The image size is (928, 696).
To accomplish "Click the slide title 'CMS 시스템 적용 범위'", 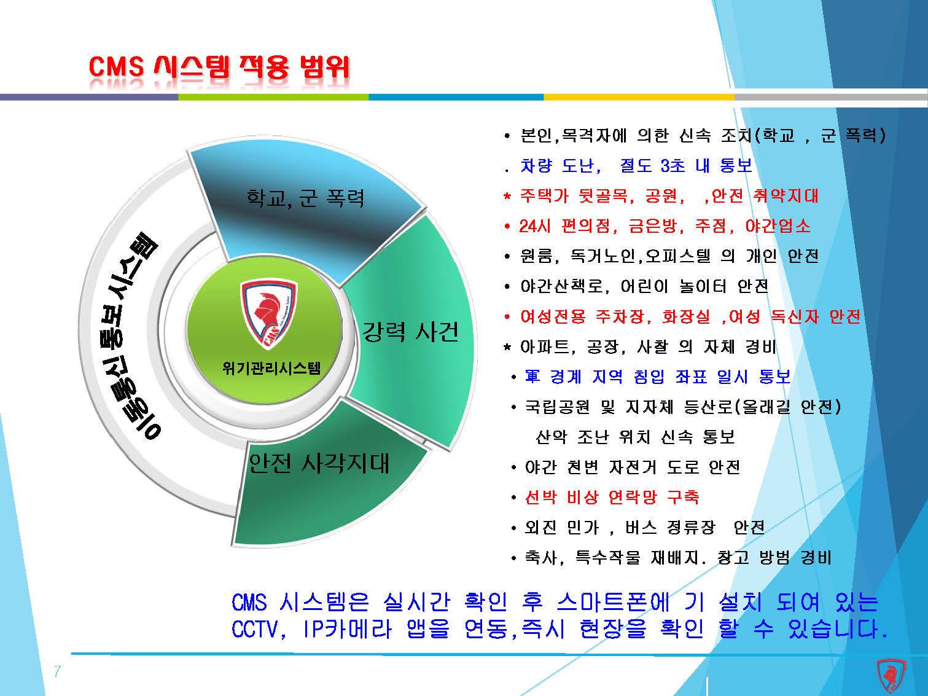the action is click(x=219, y=68).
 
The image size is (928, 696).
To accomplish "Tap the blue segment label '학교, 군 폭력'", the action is click(x=305, y=198).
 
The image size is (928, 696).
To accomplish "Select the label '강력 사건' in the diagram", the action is click(x=410, y=331).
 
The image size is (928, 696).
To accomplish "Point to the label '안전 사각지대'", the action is click(x=319, y=463).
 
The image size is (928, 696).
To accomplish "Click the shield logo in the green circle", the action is click(x=269, y=315).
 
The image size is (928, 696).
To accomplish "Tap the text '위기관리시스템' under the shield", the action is click(x=271, y=368).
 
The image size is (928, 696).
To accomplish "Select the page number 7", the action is click(x=57, y=671).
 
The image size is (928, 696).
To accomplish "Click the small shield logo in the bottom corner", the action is click(x=891, y=676).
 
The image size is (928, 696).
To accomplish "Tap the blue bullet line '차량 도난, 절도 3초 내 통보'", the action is click(x=636, y=165).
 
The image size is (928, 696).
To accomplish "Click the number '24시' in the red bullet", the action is click(x=534, y=226).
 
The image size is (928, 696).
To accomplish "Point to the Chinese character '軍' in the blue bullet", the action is click(x=532, y=376).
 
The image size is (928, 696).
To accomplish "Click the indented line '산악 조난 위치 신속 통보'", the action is click(x=635, y=436).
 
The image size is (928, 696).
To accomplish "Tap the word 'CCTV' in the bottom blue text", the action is click(x=255, y=629).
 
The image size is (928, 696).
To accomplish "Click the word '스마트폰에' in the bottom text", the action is click(x=613, y=602).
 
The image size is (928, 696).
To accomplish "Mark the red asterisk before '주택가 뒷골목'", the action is click(x=507, y=196).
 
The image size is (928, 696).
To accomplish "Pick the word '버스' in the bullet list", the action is click(x=641, y=527).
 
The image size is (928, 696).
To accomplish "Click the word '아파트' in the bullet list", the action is click(x=544, y=346).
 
